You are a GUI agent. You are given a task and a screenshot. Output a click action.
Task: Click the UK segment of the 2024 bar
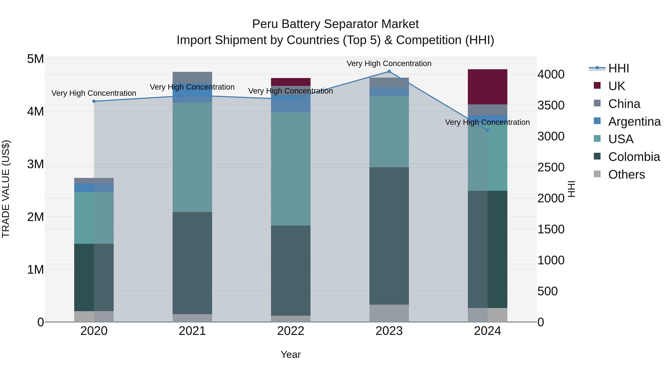[x=487, y=87]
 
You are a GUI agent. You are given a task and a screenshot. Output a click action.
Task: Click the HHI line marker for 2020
[x=94, y=101]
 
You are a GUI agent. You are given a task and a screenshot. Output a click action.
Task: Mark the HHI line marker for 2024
[x=487, y=130]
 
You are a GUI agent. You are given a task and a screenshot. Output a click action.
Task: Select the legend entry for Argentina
[x=634, y=122]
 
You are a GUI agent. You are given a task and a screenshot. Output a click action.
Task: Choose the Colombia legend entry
[x=634, y=157]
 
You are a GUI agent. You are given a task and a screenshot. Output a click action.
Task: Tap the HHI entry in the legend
[x=618, y=68]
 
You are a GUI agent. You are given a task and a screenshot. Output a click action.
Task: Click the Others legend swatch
[x=597, y=174]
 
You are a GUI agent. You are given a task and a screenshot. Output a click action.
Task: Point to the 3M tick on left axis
[x=35, y=164]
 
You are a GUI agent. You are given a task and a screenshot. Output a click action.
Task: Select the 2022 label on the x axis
[x=291, y=331]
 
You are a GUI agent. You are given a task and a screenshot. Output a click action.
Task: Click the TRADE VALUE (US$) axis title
[x=6, y=189]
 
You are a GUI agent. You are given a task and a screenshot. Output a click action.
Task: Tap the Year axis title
[x=291, y=354]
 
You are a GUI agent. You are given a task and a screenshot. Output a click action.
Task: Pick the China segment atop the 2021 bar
[x=192, y=77]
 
